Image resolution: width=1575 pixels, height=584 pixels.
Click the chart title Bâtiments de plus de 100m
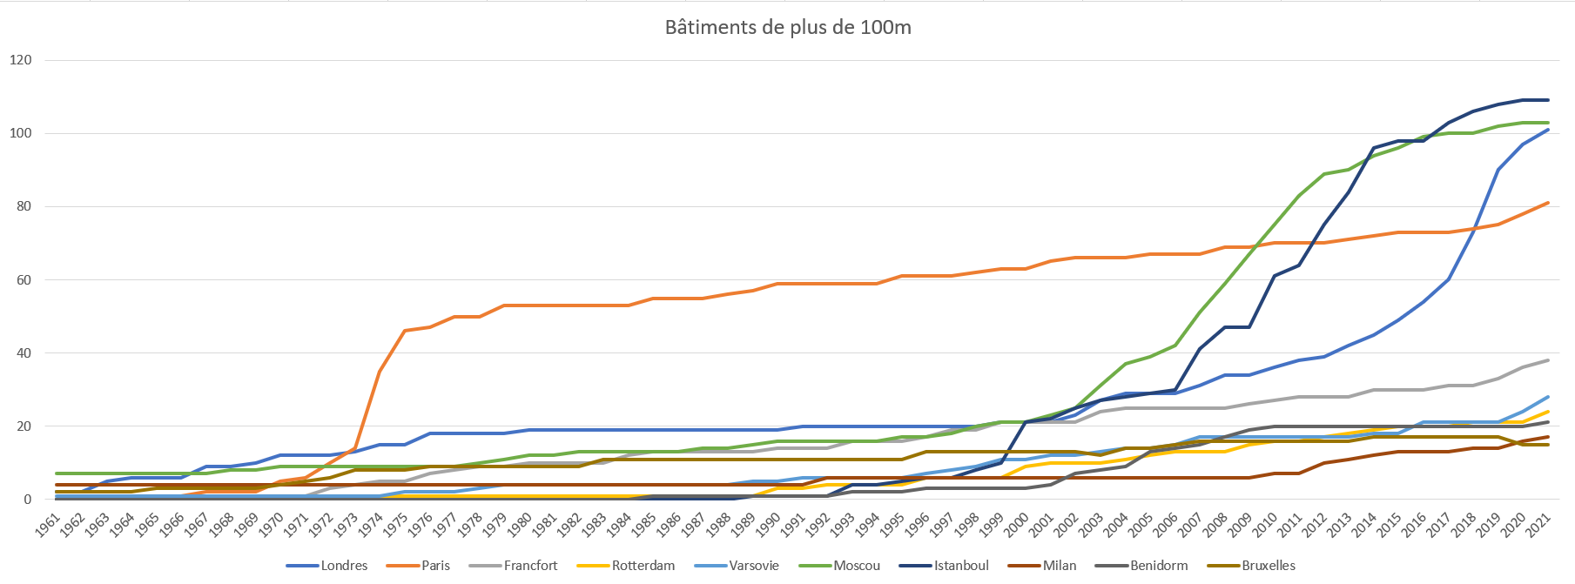click(788, 27)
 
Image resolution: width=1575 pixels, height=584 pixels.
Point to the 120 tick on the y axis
click(21, 60)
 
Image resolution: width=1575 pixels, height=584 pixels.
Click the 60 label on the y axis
click(24, 280)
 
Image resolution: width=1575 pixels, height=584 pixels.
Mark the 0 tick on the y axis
click(28, 500)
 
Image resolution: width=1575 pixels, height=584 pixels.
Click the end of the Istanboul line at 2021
click(1548, 100)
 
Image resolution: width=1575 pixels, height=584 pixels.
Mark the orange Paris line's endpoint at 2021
click(1548, 203)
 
